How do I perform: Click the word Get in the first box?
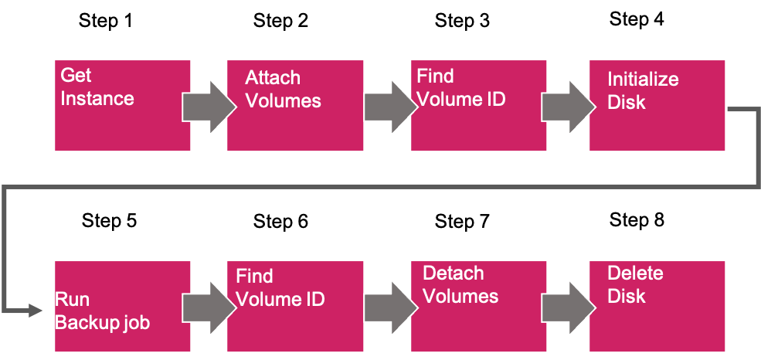pos(76,76)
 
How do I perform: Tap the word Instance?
pos(97,99)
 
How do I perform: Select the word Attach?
pos(273,78)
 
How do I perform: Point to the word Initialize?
pos(643,79)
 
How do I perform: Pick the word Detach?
pos(453,273)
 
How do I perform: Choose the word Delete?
pos(635,273)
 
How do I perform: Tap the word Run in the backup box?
pos(72,300)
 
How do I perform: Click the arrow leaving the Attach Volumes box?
pos(388,106)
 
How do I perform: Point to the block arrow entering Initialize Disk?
pos(566,106)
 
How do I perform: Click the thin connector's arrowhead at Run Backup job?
pos(36,311)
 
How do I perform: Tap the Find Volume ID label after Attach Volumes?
pos(460,87)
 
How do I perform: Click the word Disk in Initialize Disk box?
pos(626,103)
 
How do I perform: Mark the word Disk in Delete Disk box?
pos(626,297)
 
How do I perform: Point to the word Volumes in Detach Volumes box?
pos(460,297)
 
